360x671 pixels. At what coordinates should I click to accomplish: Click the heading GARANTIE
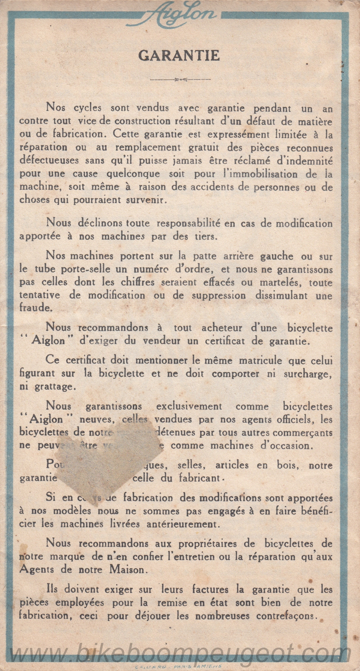(179, 56)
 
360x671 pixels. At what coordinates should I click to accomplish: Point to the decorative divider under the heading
(180, 79)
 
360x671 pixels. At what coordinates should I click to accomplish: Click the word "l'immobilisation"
(256, 174)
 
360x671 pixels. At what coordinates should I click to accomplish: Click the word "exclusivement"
(189, 406)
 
